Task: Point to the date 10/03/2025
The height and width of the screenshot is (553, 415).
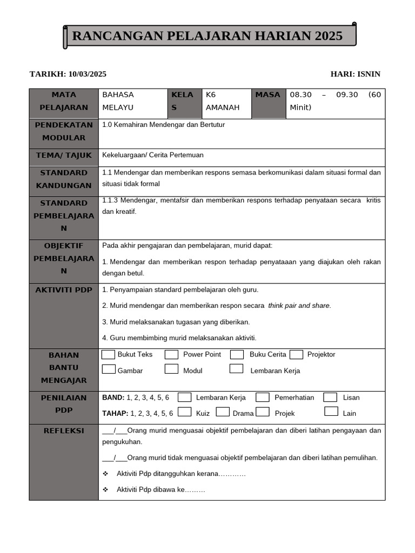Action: point(88,74)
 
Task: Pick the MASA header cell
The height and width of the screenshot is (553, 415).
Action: point(268,95)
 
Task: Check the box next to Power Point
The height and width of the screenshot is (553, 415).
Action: point(172,355)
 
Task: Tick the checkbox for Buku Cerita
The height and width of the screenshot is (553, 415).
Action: point(237,355)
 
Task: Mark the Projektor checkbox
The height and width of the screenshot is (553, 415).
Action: point(296,355)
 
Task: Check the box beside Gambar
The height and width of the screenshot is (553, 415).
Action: point(109,369)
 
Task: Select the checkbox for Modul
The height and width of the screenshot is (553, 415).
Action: point(172,369)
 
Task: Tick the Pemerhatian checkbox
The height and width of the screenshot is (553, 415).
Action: point(263,397)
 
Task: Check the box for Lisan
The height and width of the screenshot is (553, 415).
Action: point(330,397)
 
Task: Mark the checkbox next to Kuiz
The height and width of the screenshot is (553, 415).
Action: point(184,412)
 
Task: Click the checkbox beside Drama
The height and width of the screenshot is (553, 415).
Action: point(223,412)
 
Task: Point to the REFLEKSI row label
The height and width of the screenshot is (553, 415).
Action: point(64,430)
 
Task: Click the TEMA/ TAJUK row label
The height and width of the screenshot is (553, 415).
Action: point(64,156)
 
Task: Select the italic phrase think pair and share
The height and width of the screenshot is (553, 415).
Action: point(299,306)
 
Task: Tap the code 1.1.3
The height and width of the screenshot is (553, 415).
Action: point(111,200)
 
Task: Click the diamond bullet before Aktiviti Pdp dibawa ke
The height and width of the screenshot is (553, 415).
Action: point(106,490)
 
